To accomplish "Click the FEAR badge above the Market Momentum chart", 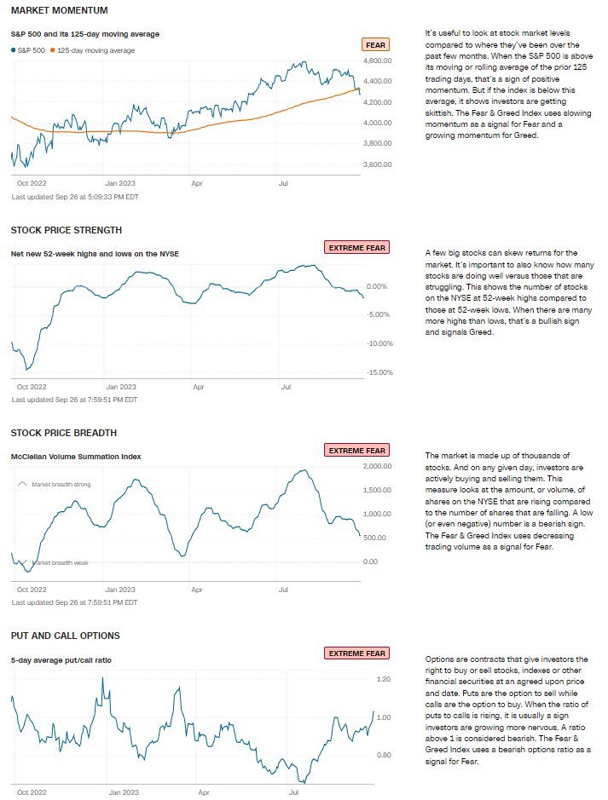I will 375,44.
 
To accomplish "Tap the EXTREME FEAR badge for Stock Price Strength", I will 356,247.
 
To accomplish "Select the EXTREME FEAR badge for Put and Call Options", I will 356,653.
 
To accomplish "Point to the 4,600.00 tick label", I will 376,61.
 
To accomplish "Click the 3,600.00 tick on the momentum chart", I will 376,164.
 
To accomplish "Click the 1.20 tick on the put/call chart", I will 383,679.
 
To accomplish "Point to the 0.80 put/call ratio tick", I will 383,756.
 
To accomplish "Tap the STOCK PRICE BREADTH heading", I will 64,433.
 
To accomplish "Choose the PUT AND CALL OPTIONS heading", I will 65,636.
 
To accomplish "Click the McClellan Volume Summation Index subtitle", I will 76,457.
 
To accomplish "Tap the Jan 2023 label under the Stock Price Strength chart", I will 120,387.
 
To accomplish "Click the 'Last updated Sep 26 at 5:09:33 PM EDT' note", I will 75,197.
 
